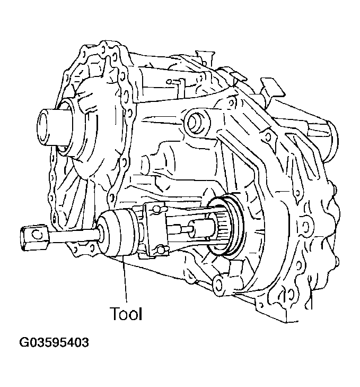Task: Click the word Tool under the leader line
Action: pyautogui.click(x=126, y=314)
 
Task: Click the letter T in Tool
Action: pyautogui.click(x=115, y=314)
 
